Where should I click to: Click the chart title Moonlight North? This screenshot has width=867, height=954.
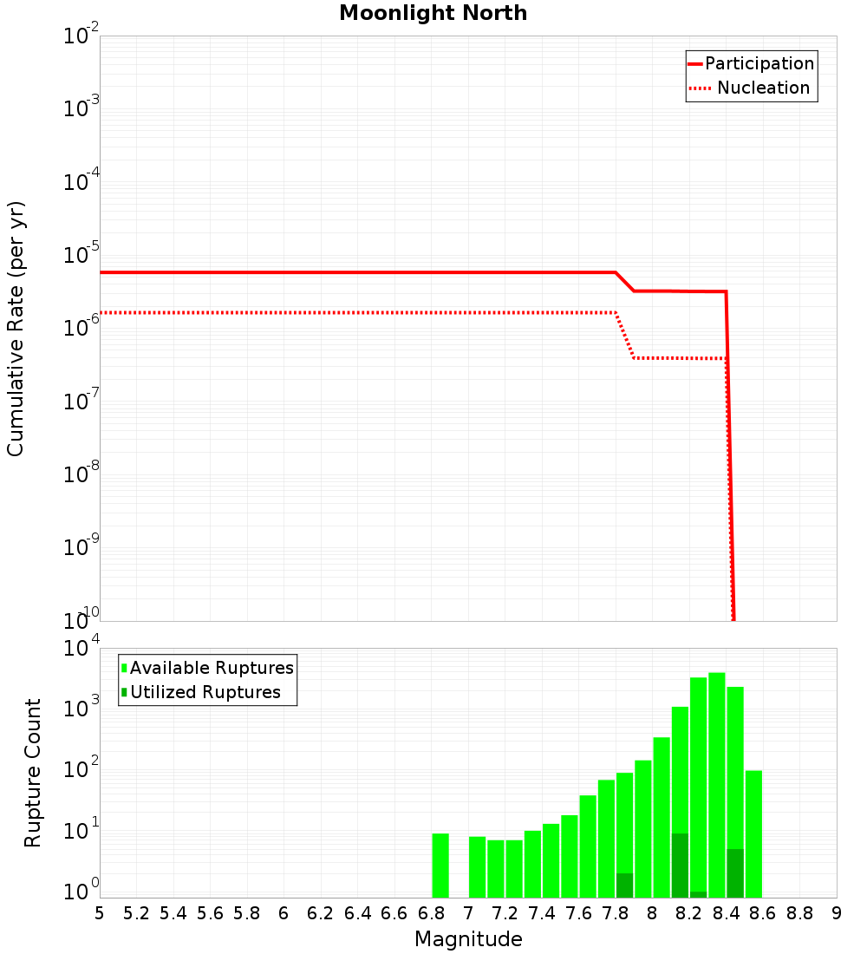[433, 13]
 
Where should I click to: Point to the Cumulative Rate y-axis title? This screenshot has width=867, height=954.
[16, 329]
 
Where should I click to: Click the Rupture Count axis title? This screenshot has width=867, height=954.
[33, 773]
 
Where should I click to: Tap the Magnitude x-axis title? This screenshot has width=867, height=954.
[468, 939]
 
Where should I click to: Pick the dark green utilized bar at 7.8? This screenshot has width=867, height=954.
[624, 885]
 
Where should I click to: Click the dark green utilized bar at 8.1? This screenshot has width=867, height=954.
[680, 866]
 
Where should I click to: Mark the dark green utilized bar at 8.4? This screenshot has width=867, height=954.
[735, 873]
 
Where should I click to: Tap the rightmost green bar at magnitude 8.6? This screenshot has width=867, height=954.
[753, 833]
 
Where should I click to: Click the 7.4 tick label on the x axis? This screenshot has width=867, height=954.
[542, 913]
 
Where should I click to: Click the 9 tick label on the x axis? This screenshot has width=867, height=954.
[837, 913]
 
